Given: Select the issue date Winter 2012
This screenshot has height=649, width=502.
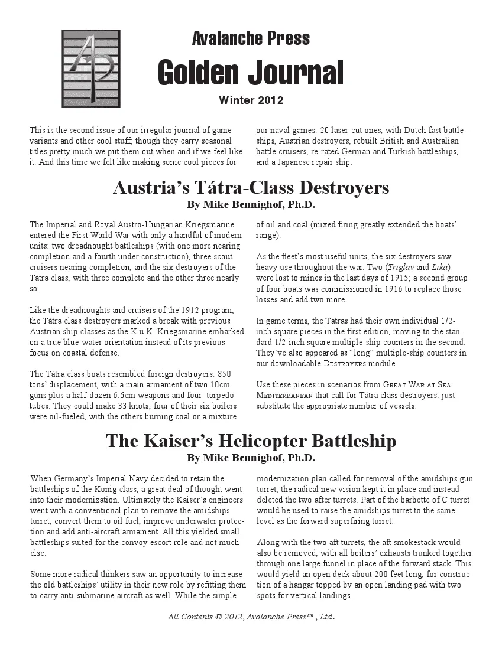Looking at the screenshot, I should pyautogui.click(x=251, y=100).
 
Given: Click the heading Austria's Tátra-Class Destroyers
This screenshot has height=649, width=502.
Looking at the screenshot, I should pyautogui.click(x=251, y=188).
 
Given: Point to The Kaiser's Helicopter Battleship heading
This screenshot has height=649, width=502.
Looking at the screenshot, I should pyautogui.click(x=251, y=441).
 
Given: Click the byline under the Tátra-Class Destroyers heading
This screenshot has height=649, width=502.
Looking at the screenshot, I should pyautogui.click(x=251, y=206).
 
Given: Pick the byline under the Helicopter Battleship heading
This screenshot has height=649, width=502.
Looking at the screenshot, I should pyautogui.click(x=251, y=458).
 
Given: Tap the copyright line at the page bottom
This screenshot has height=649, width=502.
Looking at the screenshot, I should pyautogui.click(x=251, y=617).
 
